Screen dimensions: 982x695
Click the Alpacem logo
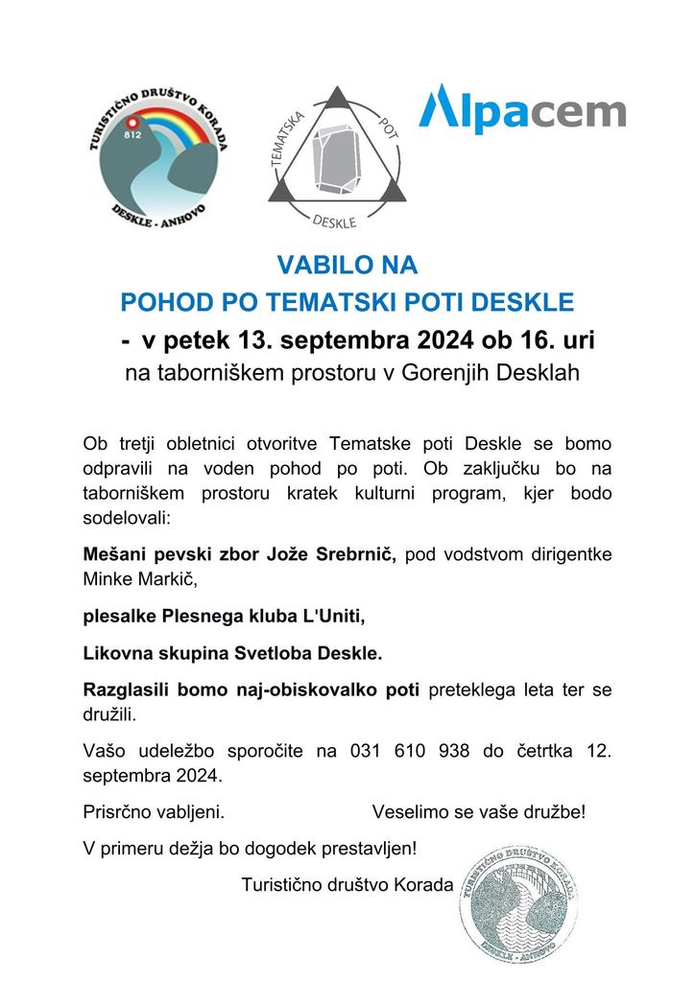coord(522,109)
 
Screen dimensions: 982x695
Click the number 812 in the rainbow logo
coord(133,134)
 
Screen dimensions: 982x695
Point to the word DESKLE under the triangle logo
coord(334,222)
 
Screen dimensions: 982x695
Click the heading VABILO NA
coord(347,265)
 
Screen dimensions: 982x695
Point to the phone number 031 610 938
coord(403,751)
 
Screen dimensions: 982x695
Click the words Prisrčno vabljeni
coord(154,812)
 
